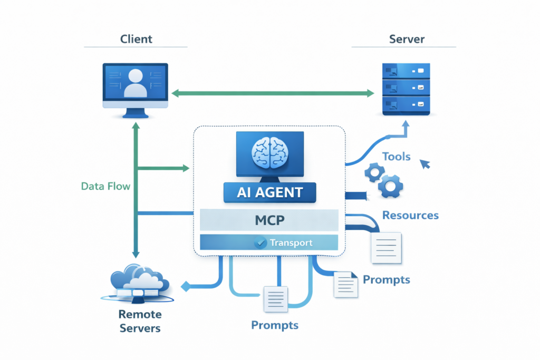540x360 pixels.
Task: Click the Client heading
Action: pyautogui.click(x=136, y=39)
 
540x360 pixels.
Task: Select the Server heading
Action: pyautogui.click(x=407, y=39)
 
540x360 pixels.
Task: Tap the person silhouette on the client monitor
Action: pyautogui.click(x=135, y=83)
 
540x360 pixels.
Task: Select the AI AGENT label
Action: pyautogui.click(x=269, y=192)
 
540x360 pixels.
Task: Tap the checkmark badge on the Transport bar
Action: pyautogui.click(x=259, y=243)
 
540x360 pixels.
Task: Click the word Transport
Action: pyautogui.click(x=291, y=243)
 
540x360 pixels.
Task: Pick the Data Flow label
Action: pyautogui.click(x=105, y=186)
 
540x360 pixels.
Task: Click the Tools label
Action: pyautogui.click(x=397, y=157)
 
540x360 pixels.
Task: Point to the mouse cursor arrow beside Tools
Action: pyautogui.click(x=425, y=165)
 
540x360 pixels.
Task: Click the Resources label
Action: pyautogui.click(x=410, y=215)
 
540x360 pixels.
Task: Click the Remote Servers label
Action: pyautogui.click(x=140, y=321)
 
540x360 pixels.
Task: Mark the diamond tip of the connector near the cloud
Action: pyautogui.click(x=185, y=287)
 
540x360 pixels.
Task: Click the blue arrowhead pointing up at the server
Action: pyautogui.click(x=405, y=125)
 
